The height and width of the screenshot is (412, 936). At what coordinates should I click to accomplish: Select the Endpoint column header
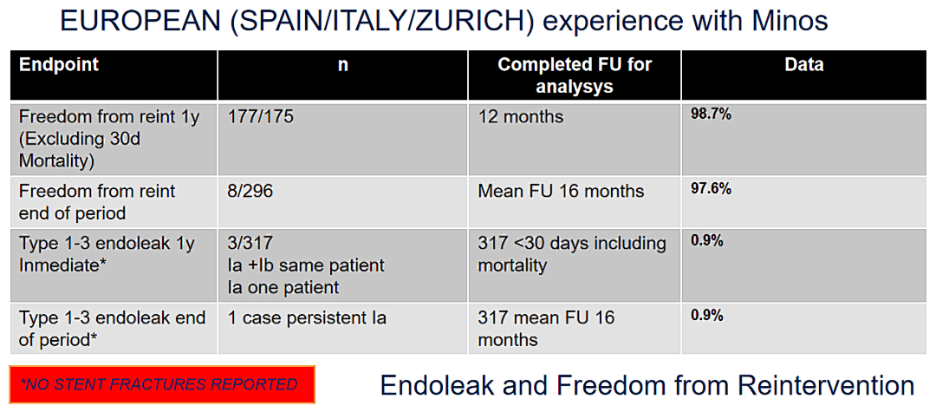coord(59,64)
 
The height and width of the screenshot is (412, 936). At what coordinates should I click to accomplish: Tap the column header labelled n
coord(342,65)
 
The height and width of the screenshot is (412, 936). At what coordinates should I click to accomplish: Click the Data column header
coord(804,64)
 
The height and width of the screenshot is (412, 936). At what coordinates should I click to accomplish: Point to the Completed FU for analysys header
coord(575,75)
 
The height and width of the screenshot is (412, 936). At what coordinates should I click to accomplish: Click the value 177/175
coord(261,116)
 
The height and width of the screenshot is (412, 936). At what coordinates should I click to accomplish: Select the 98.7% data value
coord(711,114)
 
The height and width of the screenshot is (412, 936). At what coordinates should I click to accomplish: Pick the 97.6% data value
coord(711,189)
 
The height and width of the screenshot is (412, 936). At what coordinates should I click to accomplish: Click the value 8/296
coord(250,191)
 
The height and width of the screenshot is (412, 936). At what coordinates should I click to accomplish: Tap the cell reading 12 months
coord(521,116)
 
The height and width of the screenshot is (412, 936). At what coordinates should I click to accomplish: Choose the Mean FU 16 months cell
coord(561,191)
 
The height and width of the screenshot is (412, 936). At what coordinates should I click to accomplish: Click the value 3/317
coord(250,243)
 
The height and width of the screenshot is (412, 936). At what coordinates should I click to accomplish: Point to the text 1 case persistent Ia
coord(307,317)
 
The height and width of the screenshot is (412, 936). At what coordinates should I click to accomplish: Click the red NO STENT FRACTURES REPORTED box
coord(162,384)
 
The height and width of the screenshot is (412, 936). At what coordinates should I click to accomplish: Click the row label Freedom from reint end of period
coord(97,202)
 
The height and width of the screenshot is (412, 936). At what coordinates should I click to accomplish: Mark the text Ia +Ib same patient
coord(306,265)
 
